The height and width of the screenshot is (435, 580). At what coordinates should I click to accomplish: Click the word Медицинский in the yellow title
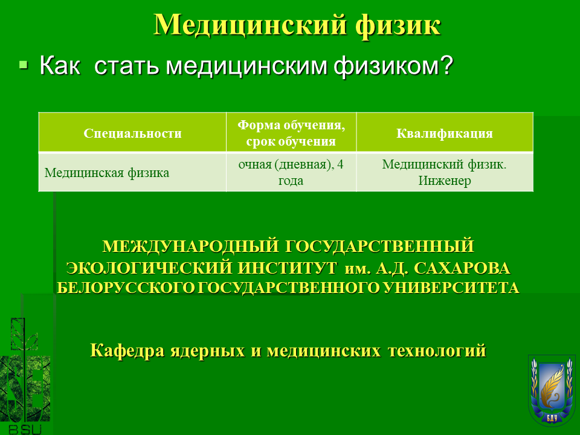coord(250,25)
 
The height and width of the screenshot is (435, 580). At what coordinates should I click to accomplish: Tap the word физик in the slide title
coord(398,26)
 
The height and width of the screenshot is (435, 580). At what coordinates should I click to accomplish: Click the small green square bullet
coord(24,65)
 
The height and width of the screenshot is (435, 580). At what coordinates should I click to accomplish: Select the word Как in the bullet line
coord(60,65)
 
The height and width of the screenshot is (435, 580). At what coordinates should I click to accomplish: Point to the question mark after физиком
coord(447,65)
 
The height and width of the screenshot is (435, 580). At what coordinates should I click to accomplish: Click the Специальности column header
coord(132,133)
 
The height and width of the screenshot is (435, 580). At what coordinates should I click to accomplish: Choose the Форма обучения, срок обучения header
coord(291,133)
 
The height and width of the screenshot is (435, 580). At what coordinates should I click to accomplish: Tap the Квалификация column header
coord(445,133)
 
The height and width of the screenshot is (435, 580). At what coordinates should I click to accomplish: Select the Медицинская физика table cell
coord(107,173)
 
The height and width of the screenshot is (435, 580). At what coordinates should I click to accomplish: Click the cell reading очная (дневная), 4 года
coord(291,172)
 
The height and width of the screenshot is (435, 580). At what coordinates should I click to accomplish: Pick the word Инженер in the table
coord(445,181)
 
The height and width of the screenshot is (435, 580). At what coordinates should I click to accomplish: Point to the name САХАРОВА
coord(462,268)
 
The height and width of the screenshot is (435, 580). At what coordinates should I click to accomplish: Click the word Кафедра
coord(127,350)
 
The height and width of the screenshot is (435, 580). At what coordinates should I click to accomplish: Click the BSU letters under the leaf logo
coord(25,430)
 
